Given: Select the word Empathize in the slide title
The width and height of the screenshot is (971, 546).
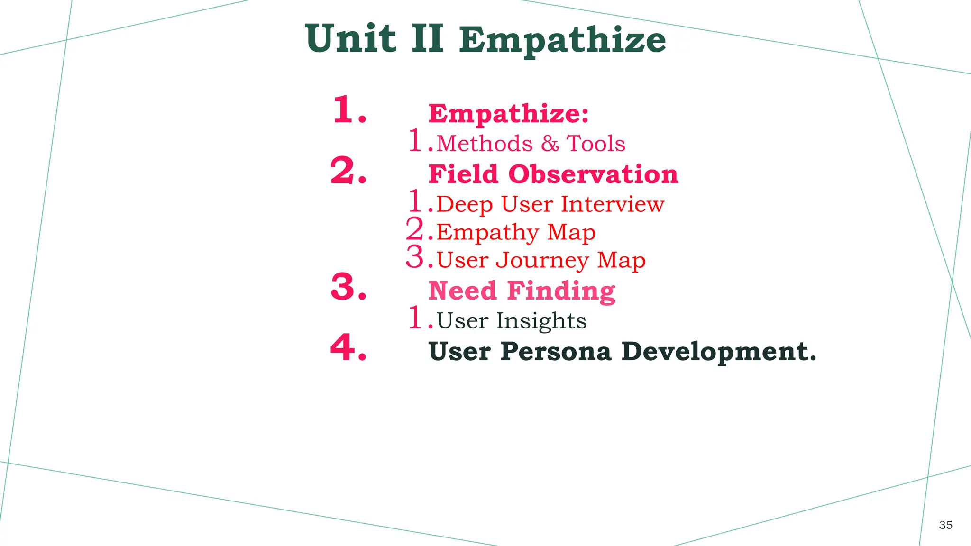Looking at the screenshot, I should [x=562, y=41].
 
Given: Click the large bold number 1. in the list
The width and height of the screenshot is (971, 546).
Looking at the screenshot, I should [x=349, y=110].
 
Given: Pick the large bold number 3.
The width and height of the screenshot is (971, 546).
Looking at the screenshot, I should [x=348, y=287].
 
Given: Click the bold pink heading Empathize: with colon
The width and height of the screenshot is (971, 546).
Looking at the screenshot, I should [x=508, y=114].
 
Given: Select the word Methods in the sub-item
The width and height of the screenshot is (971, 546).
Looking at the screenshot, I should [x=484, y=143].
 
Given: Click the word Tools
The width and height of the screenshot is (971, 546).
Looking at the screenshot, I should [x=596, y=143].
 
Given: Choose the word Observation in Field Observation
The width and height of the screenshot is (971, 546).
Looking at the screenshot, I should [x=593, y=174].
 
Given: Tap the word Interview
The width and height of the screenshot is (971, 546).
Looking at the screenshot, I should [x=613, y=204].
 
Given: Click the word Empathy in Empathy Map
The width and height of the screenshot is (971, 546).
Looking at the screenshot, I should [x=487, y=233].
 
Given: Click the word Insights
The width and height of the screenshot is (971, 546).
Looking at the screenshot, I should [x=541, y=321].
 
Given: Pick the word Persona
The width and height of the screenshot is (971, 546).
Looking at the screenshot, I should [x=556, y=352].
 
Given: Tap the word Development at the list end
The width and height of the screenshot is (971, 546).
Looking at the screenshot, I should [x=719, y=352].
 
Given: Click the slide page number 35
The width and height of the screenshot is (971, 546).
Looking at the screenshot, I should [x=945, y=525].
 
